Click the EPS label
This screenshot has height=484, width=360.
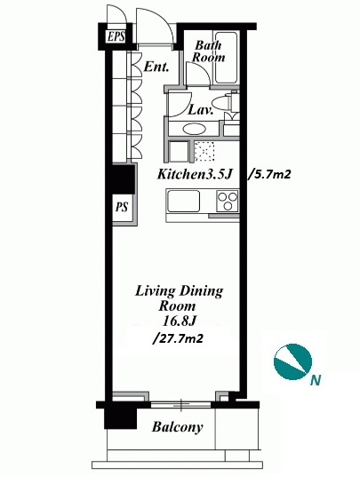[x=116, y=36]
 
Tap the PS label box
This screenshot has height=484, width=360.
[x=122, y=208]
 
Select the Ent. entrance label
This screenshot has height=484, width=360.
[x=156, y=67]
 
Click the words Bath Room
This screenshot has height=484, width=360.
[x=208, y=52]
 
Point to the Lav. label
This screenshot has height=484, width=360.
[x=201, y=109]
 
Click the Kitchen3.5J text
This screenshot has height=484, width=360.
[x=195, y=174]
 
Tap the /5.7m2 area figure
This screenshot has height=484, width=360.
[x=269, y=175]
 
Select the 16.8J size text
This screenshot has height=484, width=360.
[x=179, y=321]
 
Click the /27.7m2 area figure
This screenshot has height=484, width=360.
[x=178, y=338]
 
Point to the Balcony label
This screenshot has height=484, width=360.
[x=178, y=427]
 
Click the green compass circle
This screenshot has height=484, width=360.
[x=293, y=361]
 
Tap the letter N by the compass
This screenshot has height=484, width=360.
[x=316, y=380]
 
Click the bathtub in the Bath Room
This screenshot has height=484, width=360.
[x=226, y=58]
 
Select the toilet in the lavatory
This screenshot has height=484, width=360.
[x=225, y=102]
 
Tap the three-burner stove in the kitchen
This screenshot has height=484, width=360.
[x=228, y=202]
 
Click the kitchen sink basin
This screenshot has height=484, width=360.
[x=183, y=201]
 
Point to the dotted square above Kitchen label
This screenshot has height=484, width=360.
[x=204, y=152]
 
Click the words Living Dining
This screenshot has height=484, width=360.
[x=179, y=291]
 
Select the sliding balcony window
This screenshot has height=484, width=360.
[x=181, y=405]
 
